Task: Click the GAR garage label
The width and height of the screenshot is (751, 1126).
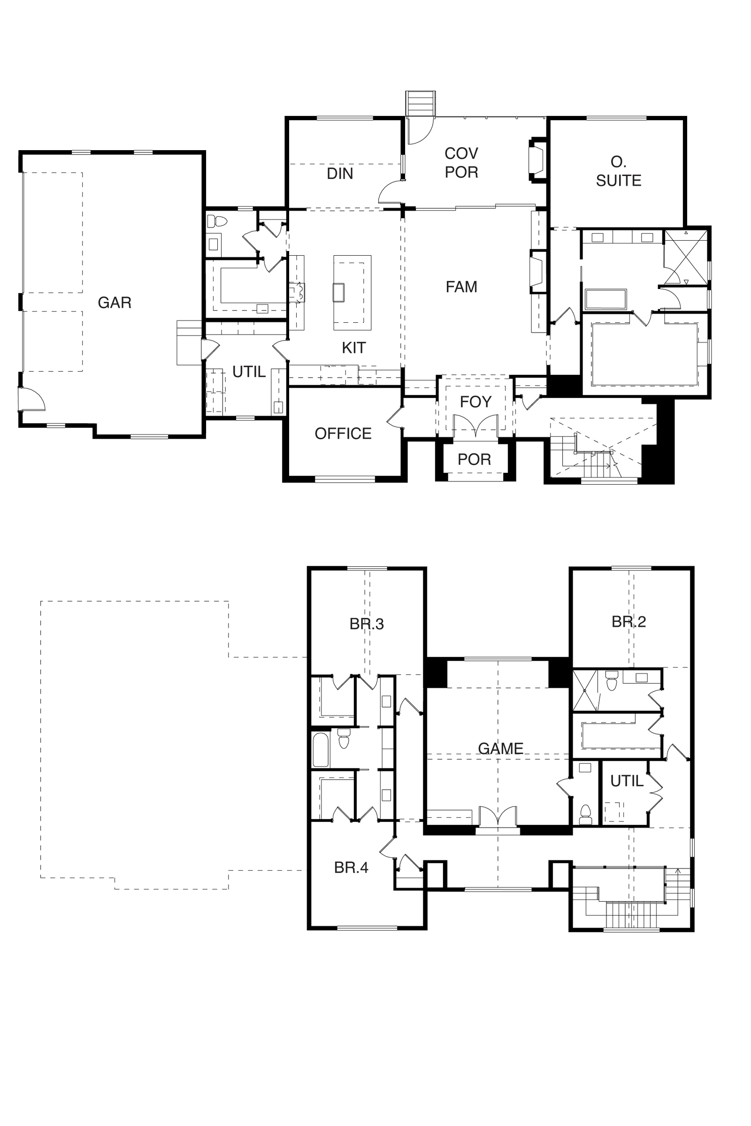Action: [115, 303]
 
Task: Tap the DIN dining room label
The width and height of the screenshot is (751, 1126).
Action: [340, 173]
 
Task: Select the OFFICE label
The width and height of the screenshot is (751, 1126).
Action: [343, 433]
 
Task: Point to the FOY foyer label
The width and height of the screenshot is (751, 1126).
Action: [475, 402]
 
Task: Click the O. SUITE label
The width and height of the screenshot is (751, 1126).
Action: [618, 171]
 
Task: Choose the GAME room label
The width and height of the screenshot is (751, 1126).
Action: [500, 748]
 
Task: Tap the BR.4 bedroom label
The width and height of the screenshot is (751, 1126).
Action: [351, 867]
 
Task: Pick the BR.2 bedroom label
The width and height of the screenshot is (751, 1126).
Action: [629, 621]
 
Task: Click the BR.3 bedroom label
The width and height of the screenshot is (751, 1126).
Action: [367, 624]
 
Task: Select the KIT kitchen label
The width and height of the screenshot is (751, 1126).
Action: [353, 348]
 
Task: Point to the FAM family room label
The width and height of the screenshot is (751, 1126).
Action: [461, 287]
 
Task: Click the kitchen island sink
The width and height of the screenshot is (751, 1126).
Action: [338, 292]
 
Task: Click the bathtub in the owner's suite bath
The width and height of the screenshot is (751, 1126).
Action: [606, 299]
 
